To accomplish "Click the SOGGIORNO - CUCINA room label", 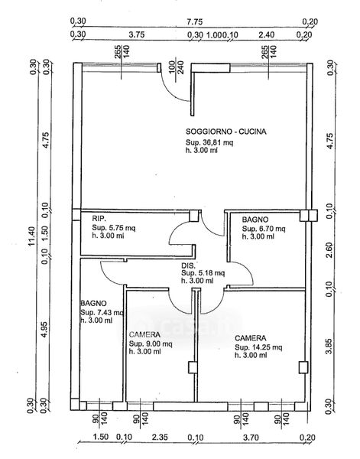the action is tap(226, 132).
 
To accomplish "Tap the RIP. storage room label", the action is tap(99, 218).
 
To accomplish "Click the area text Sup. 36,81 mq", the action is tap(209, 142).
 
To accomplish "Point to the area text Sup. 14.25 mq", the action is tap(258, 347).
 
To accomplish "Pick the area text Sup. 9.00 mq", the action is tap(151, 343).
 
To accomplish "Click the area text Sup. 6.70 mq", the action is tap(264, 228).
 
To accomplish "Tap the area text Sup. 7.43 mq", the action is tap(102, 312).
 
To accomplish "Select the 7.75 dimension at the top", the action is tap(194, 22).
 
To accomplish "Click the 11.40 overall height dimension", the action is tap(32, 236).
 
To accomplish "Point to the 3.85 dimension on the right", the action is tap(329, 347).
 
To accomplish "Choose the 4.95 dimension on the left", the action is tap(44, 329).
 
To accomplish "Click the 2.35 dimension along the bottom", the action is tap(160, 438).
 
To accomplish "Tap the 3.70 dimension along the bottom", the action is tap(251, 438).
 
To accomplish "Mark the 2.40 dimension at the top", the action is tap(267, 35).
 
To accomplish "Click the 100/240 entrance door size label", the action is tap(176, 67).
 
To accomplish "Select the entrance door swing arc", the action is tap(173, 91).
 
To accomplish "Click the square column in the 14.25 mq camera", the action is tap(303, 367).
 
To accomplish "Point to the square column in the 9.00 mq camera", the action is tap(193, 367).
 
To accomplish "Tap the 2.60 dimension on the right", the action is tap(329, 250).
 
